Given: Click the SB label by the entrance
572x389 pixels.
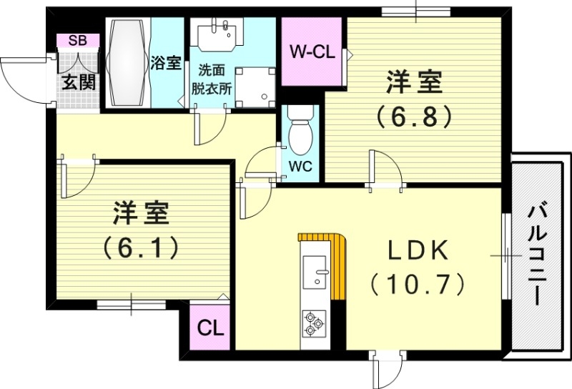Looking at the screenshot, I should [x=79, y=40].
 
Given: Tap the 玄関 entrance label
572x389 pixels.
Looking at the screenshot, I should [x=78, y=82].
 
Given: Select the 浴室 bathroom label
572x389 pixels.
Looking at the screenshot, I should [x=166, y=63].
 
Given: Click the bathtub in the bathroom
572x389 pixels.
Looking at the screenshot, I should [x=129, y=63].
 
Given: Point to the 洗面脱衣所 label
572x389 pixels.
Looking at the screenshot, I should [x=211, y=81].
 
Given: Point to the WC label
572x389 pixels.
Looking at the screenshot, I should [x=299, y=167].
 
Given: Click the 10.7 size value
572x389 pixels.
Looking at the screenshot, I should [x=418, y=285].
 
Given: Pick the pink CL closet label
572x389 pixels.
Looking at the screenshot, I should [x=211, y=329].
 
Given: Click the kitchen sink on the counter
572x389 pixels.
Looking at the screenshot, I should [x=315, y=270].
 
